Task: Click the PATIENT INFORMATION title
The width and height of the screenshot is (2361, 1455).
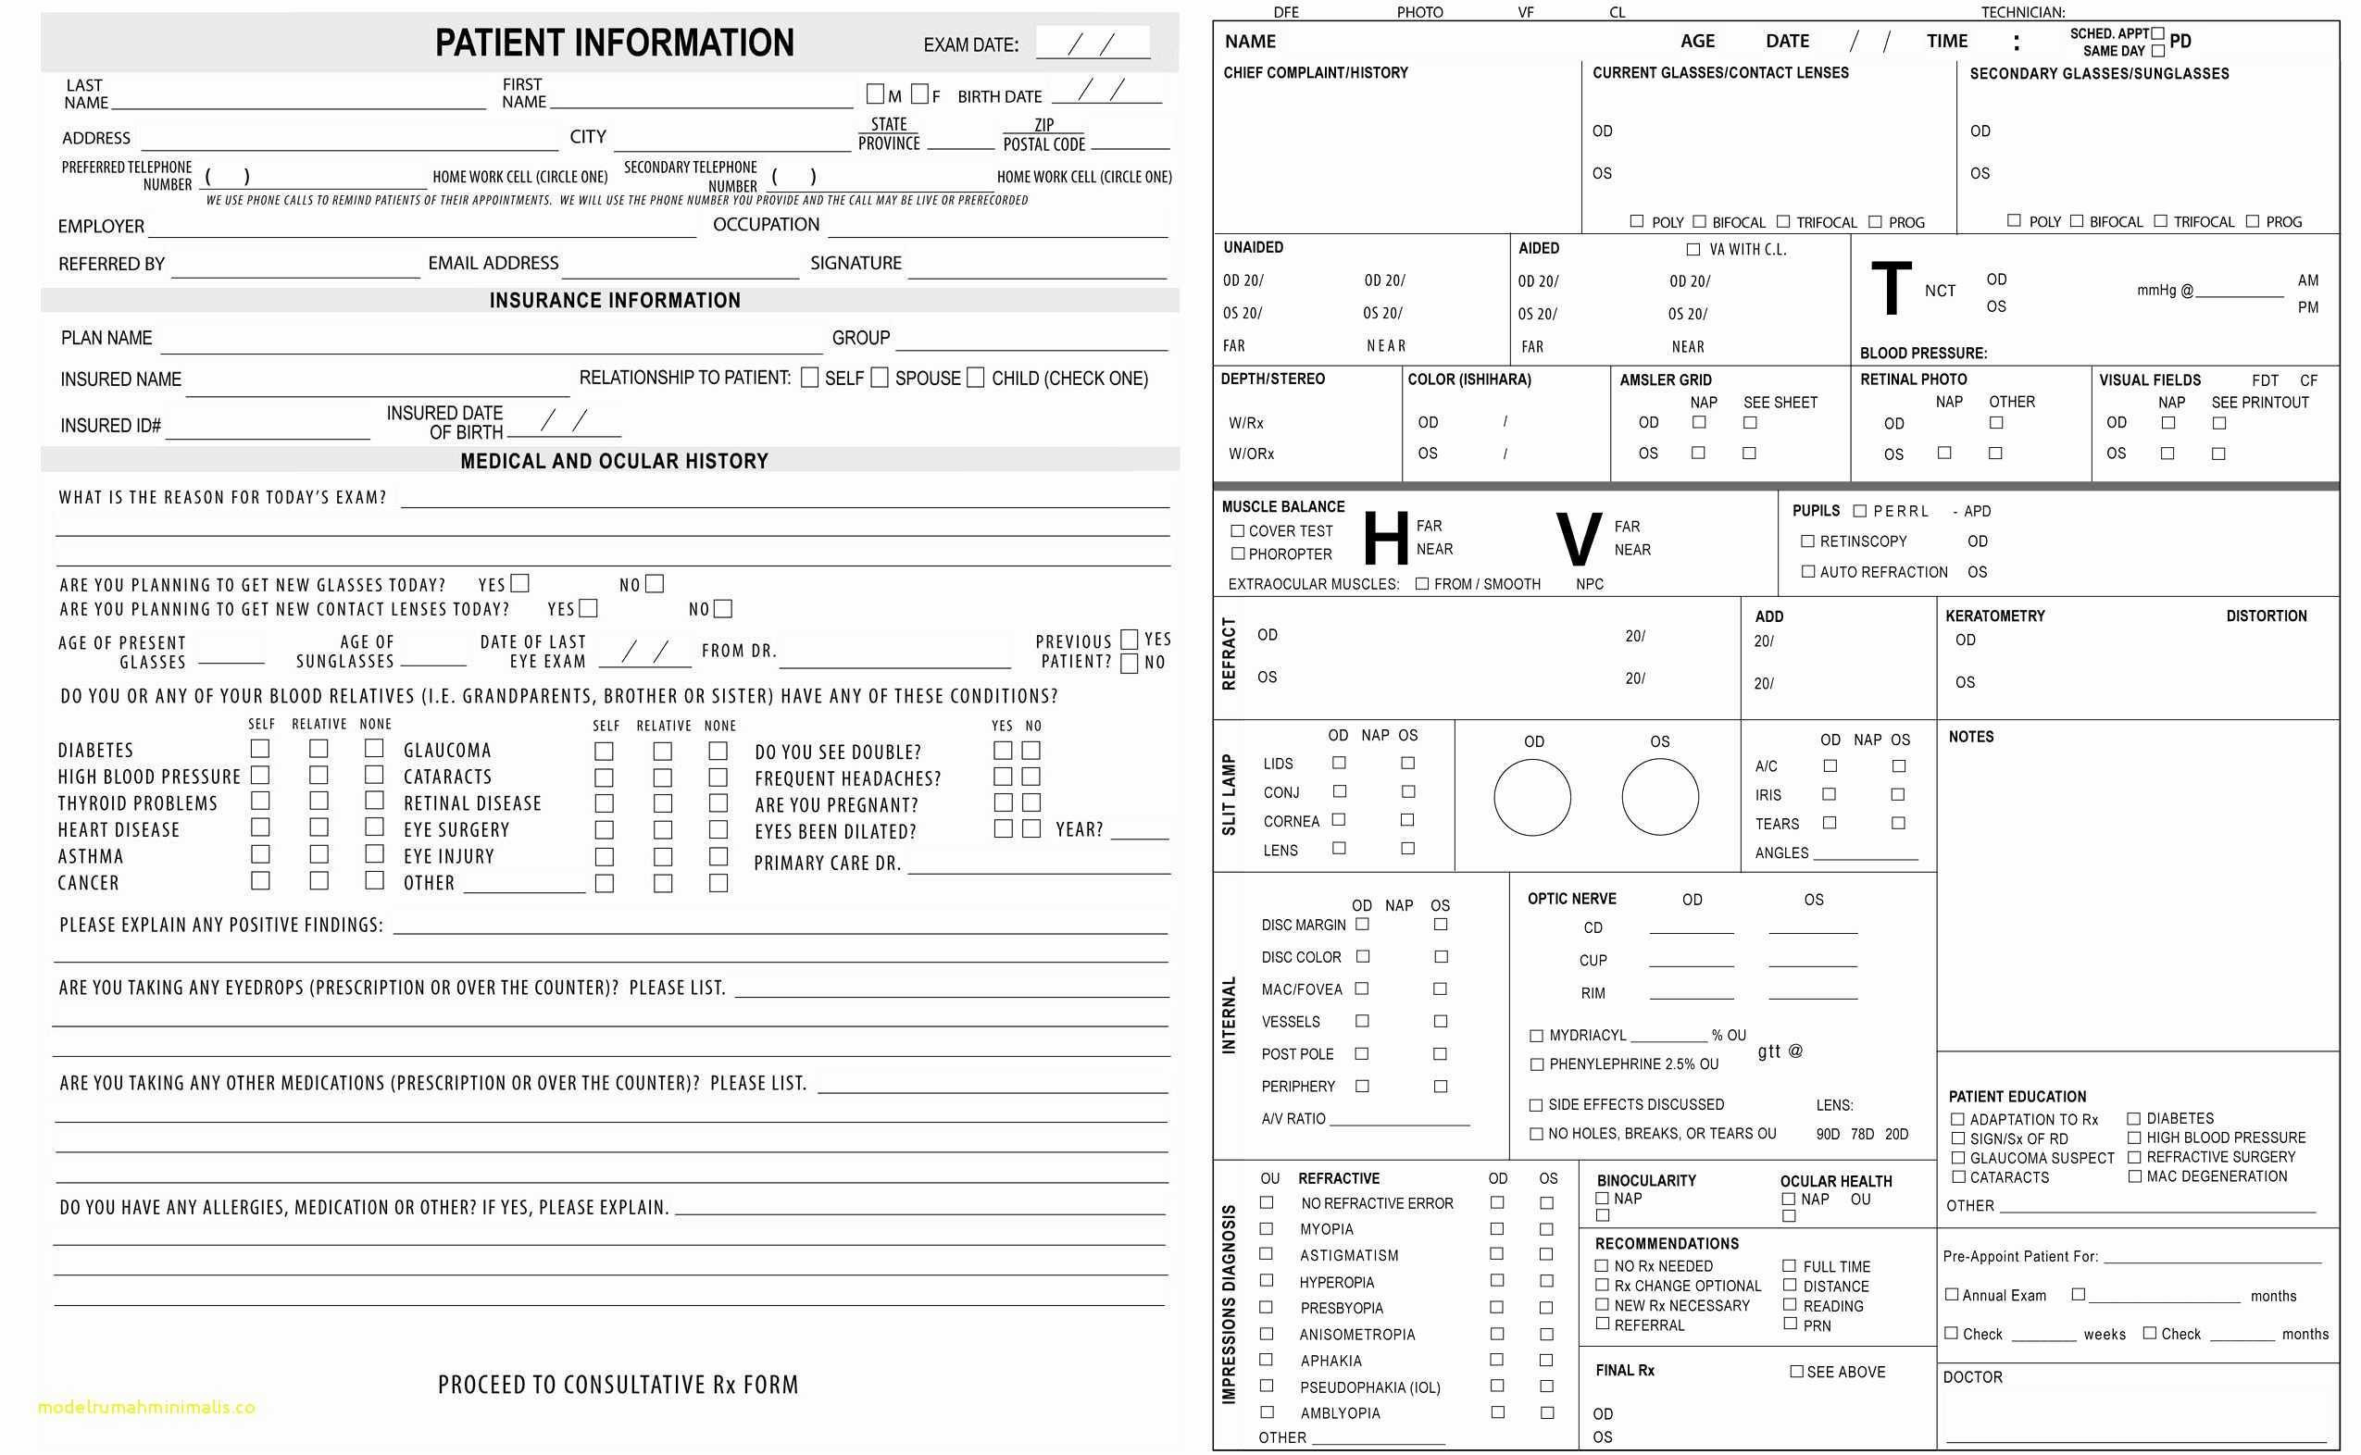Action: tap(614, 44)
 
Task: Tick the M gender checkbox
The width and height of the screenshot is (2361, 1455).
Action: tap(874, 94)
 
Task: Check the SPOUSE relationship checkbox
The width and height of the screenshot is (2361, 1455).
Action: tap(879, 378)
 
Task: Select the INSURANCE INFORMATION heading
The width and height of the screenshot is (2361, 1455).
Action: tap(614, 300)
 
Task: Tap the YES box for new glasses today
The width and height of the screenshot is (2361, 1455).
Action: tap(519, 583)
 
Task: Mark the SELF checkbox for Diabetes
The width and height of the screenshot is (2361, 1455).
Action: tap(260, 749)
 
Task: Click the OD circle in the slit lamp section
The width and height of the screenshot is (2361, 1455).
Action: tap(1531, 797)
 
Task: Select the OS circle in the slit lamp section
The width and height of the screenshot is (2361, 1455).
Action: tap(1659, 797)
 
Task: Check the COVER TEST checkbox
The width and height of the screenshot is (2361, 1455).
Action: tap(1237, 530)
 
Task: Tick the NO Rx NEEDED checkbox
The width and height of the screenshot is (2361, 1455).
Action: tap(1602, 1265)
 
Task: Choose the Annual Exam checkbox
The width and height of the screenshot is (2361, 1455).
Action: tap(1951, 1294)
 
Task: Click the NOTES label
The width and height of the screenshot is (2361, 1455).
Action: tap(1970, 737)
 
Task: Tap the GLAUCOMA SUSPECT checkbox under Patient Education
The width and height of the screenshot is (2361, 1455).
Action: tap(1957, 1158)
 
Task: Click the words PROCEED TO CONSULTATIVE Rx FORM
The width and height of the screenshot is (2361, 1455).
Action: tap(618, 1385)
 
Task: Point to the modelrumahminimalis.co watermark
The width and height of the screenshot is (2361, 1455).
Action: tap(146, 1407)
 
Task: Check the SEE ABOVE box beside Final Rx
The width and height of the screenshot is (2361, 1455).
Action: tap(1796, 1372)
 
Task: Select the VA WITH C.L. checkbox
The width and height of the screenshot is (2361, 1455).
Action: tap(1693, 249)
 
